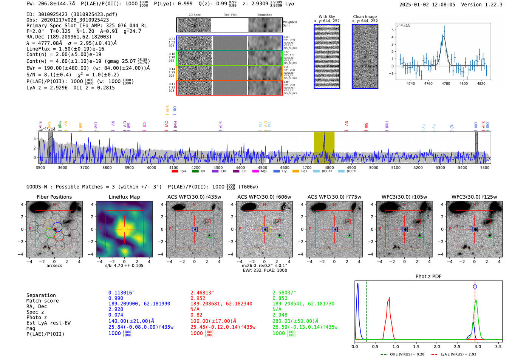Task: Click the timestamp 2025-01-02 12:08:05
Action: point(427,5)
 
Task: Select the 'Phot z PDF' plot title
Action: point(428,276)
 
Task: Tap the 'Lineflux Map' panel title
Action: point(124,197)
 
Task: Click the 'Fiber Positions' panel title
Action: point(54,197)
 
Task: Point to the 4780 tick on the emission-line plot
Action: point(446,83)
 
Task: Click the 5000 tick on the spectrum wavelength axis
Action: point(373,167)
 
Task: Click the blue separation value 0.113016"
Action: point(121,292)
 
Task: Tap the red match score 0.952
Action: point(198,298)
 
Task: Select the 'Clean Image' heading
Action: point(365,17)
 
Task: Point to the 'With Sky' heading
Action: point(326,17)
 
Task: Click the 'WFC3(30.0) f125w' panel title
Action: point(474,197)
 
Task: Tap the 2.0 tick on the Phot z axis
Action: point(437,346)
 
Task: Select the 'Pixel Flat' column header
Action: point(230,15)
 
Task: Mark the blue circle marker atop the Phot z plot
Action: point(475,286)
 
